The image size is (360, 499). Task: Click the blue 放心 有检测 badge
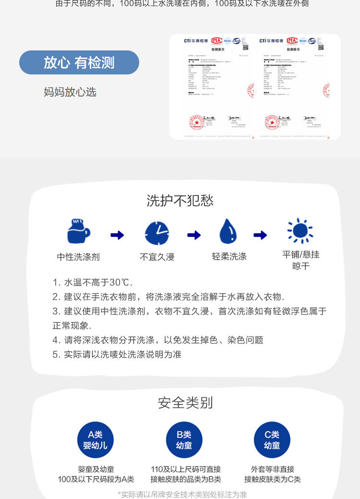click(x=79, y=62)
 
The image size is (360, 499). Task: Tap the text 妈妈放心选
click(x=70, y=92)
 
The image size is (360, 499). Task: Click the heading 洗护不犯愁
click(x=180, y=200)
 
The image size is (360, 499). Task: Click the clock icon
click(x=157, y=233)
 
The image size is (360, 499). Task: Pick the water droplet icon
click(x=228, y=231)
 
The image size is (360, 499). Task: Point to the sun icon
click(x=300, y=231)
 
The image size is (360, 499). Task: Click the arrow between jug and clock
click(x=117, y=235)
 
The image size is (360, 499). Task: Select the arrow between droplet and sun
click(x=260, y=235)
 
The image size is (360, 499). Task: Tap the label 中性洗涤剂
click(x=78, y=257)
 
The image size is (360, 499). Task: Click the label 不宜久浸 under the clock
click(x=157, y=257)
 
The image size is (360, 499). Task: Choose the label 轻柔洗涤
click(x=229, y=256)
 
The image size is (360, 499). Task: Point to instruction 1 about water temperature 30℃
click(x=93, y=282)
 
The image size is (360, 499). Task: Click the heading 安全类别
click(x=185, y=402)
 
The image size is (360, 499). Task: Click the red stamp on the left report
click(x=196, y=122)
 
